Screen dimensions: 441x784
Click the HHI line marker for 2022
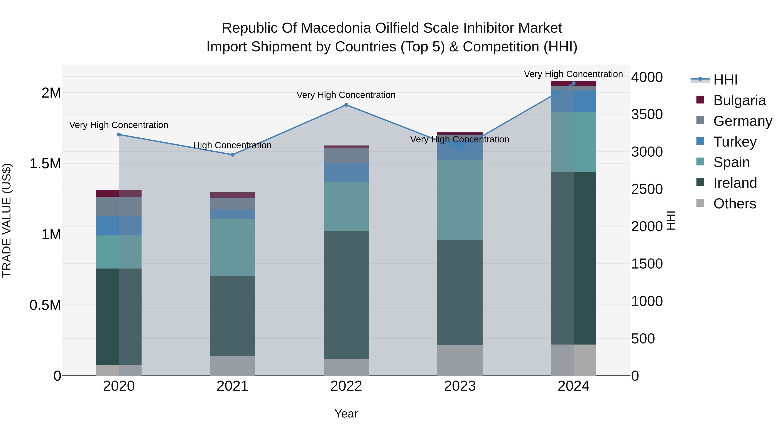[x=346, y=105]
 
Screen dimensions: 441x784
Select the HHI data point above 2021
[x=233, y=155]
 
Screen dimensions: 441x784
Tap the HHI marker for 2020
[x=119, y=135]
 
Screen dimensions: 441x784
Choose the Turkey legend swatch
[x=700, y=141]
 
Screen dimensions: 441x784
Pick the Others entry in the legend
[x=734, y=204]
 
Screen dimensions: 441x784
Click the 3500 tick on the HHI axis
[x=647, y=114]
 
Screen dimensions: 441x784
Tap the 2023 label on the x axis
[x=460, y=386]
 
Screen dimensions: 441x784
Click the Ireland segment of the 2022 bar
[x=346, y=295]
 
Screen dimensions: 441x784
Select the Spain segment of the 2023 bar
[x=460, y=200]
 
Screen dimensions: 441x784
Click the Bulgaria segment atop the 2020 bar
[x=119, y=193]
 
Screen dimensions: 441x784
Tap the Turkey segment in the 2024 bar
[x=573, y=101]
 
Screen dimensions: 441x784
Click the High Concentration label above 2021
[x=233, y=145]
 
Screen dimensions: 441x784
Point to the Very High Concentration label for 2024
[x=573, y=74]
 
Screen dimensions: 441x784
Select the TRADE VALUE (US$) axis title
[x=7, y=220]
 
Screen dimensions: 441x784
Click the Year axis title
[x=346, y=414]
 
